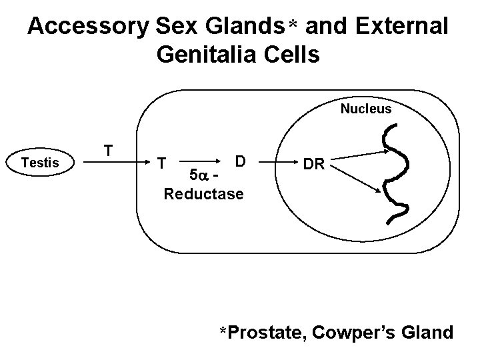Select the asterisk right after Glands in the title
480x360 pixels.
click(x=292, y=25)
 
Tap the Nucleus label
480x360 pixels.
click(x=366, y=109)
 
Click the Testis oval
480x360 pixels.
click(x=39, y=162)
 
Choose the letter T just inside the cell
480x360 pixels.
click(x=161, y=163)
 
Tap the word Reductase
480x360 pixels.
click(x=203, y=194)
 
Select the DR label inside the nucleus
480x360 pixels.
click(x=314, y=164)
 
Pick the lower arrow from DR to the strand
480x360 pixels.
click(x=357, y=180)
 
